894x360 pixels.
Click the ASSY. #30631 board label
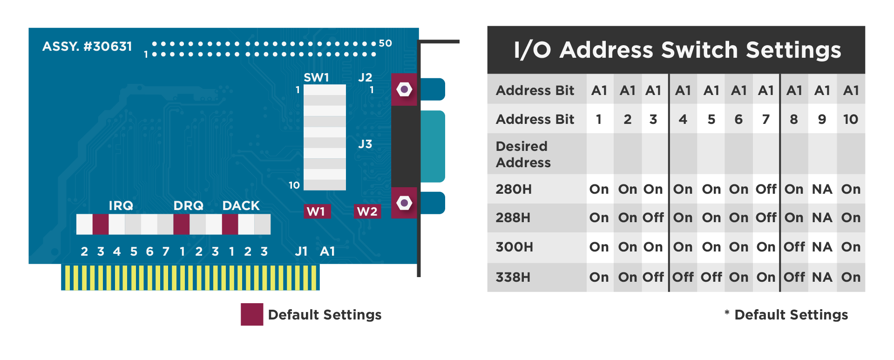click(x=87, y=47)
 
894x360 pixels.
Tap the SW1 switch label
click(x=316, y=77)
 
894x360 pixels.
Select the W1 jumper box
click(x=317, y=211)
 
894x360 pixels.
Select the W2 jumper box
click(x=367, y=211)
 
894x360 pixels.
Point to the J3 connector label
click(x=365, y=144)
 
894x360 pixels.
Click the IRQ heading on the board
click(x=121, y=205)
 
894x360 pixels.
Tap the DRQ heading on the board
click(x=188, y=205)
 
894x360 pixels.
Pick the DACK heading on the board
click(x=241, y=205)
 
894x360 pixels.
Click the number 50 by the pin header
click(x=385, y=43)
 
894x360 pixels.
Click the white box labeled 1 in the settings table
click(x=600, y=119)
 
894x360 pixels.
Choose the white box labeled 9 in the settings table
click(x=822, y=119)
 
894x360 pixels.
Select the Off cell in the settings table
click(x=766, y=189)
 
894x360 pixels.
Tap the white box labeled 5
click(x=711, y=119)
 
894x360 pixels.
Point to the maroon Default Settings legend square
click(x=252, y=314)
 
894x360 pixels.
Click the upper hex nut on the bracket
click(x=404, y=89)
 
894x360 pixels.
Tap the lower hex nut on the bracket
click(x=404, y=203)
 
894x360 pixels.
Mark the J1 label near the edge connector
click(x=301, y=251)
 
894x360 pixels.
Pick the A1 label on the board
click(x=327, y=251)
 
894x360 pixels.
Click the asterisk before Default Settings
click(x=727, y=313)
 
